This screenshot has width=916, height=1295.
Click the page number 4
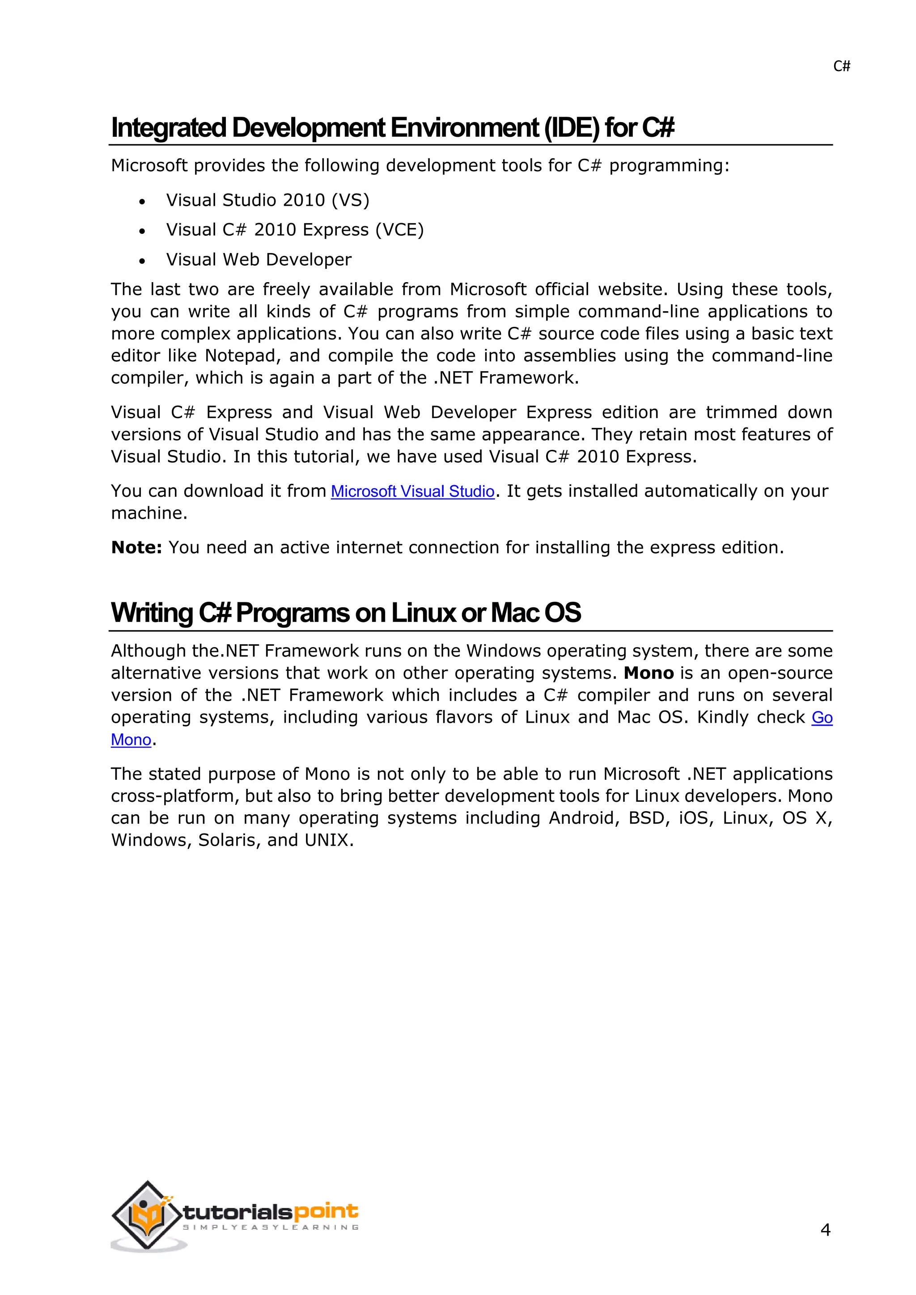[825, 1230]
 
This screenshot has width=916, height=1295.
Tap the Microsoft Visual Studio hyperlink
[412, 492]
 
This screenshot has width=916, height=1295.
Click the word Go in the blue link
[822, 718]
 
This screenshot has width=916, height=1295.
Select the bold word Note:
[136, 548]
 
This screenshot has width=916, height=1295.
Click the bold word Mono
[649, 673]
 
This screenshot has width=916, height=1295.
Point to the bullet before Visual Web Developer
[142, 261]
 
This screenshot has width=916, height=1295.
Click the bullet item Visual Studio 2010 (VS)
[267, 200]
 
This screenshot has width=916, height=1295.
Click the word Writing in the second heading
[152, 613]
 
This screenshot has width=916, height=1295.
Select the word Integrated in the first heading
[169, 128]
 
